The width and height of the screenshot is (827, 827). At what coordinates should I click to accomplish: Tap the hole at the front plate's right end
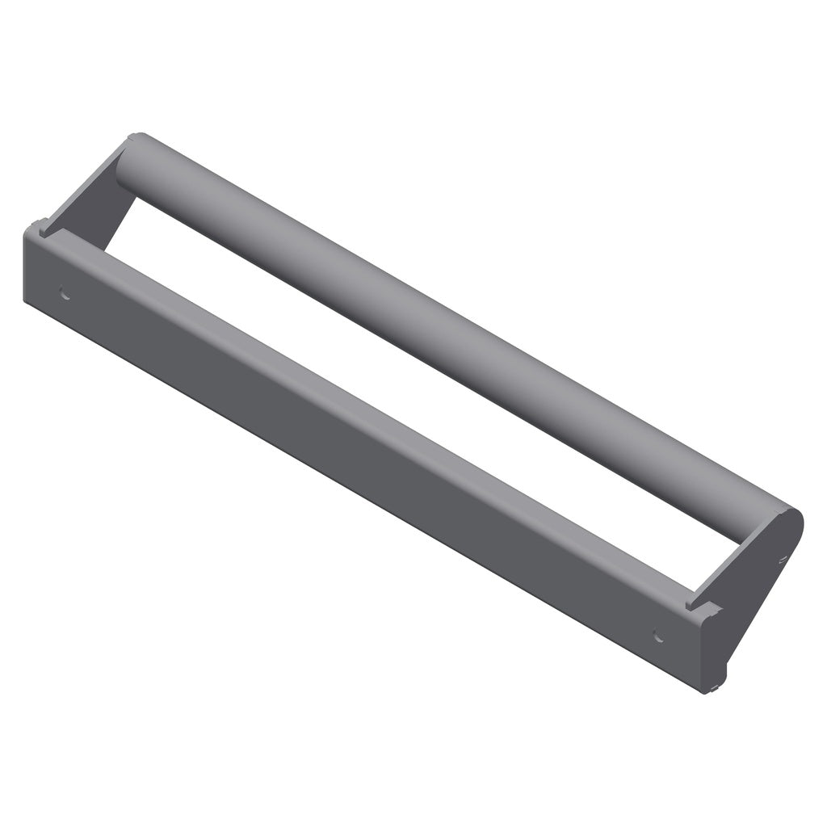tap(658, 636)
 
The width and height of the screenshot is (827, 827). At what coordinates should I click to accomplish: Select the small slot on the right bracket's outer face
tap(782, 556)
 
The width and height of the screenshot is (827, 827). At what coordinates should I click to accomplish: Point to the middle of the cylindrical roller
tap(452, 339)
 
